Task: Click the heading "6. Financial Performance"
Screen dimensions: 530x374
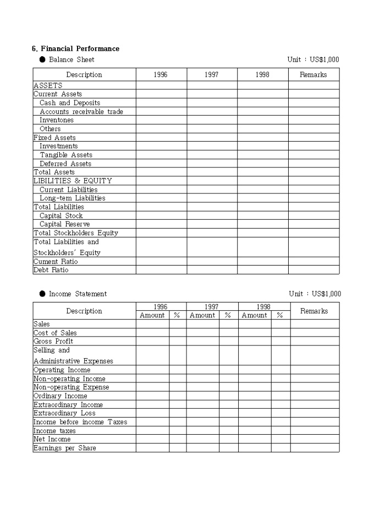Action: [76, 49]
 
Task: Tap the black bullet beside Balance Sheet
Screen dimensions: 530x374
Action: [42, 60]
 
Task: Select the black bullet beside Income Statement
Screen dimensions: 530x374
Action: [42, 294]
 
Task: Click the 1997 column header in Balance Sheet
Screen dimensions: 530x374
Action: [212, 74]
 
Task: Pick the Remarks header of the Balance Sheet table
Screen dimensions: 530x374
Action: [313, 74]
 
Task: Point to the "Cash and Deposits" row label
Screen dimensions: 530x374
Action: [70, 103]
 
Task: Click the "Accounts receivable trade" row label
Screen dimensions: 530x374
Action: [81, 112]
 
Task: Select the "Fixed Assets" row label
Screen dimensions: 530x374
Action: [54, 138]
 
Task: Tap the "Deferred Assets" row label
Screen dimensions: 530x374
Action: [65, 164]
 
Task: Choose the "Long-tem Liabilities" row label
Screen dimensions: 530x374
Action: [72, 198]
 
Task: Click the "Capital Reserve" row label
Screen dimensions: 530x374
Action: [64, 224]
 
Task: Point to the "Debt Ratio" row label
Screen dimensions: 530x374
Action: [51, 270]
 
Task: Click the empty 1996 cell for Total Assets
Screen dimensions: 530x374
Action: [161, 172]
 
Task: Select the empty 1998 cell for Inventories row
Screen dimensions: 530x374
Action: [262, 120]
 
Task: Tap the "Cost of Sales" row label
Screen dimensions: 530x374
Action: [55, 333]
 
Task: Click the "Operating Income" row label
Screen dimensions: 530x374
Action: [62, 370]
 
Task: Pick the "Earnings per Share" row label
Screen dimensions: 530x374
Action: [64, 448]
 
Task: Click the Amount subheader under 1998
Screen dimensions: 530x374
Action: [254, 316]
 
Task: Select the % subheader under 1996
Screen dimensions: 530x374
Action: [177, 316]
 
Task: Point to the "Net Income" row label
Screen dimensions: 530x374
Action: [52, 439]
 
